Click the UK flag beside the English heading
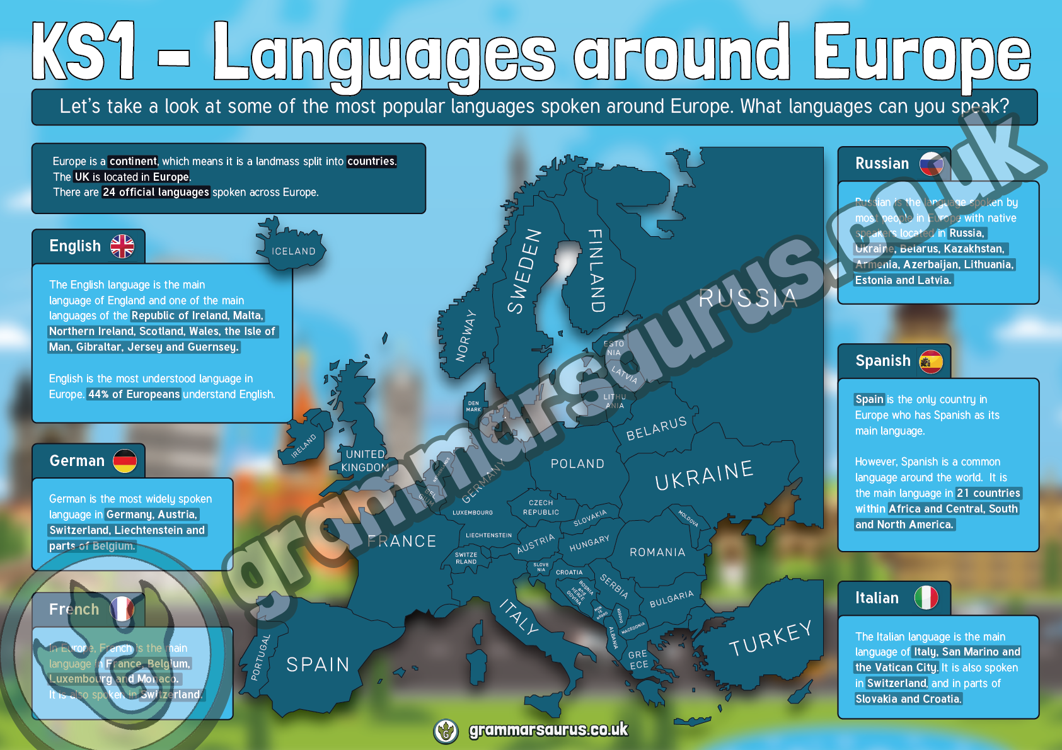122,246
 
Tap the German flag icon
125,461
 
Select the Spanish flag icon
931,361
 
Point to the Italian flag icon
926,598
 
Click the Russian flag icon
931,164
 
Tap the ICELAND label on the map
294,251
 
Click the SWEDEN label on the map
524,271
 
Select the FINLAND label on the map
596,270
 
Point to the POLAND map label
577,464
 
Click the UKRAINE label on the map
704,475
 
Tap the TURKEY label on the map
770,638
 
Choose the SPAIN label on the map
318,664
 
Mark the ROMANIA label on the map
657,552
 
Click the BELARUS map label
656,429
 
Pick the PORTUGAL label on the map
261,657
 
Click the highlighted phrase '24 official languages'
156,192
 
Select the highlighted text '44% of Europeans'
134,394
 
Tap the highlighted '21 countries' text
988,493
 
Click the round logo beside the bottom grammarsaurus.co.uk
446,730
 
